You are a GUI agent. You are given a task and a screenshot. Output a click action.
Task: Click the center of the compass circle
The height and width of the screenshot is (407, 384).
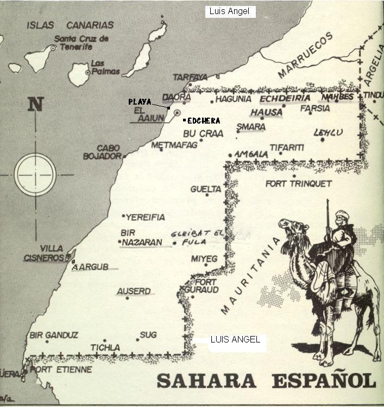[x=35, y=175]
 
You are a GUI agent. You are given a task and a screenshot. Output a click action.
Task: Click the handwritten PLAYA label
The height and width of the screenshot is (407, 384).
[x=140, y=101]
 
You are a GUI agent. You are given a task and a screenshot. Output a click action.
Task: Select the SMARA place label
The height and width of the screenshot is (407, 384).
[x=251, y=127]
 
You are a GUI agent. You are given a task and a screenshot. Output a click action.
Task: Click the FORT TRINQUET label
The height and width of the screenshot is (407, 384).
[x=298, y=184]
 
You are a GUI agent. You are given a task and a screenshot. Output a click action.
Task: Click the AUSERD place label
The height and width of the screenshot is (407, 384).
[x=134, y=292]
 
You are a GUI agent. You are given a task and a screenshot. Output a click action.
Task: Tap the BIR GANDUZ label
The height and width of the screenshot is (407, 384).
[x=54, y=335]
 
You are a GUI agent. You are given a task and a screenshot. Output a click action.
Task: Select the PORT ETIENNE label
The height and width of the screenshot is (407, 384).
[x=61, y=370]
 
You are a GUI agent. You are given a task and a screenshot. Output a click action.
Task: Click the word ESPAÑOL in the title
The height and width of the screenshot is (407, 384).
[x=323, y=380]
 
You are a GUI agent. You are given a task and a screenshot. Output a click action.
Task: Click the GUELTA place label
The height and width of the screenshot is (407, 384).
[x=206, y=189]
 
